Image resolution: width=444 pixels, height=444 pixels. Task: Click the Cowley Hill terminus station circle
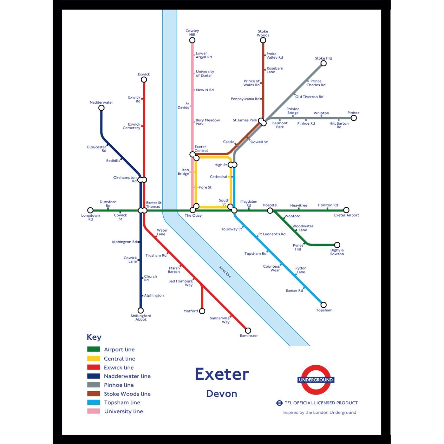192,40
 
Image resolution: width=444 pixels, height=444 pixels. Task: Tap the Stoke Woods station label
263,33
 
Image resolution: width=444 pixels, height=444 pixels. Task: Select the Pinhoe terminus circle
354,118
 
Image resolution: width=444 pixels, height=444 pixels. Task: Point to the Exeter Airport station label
346,215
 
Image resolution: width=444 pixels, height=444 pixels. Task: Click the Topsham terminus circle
323,305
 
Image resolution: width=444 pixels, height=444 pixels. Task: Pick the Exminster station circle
248,330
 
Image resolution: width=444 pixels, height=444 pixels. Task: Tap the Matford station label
191,311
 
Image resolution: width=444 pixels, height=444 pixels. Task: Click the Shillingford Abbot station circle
140,310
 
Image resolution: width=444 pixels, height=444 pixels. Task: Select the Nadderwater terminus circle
101,108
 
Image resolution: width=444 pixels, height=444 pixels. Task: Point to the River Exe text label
225,272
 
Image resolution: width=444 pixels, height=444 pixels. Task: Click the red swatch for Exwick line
94,367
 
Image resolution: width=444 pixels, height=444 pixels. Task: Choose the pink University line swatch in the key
94,411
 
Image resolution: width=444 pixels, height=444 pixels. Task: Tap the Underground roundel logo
316,380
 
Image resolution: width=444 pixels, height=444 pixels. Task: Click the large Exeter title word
222,374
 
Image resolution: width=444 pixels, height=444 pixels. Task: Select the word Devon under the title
222,394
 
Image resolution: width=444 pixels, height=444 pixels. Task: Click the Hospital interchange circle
270,211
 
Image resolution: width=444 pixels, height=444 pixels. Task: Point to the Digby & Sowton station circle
337,245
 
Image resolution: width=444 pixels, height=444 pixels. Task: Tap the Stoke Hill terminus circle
323,63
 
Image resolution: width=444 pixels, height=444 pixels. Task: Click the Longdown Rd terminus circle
90,210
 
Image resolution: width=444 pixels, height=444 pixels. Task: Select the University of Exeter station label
205,74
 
